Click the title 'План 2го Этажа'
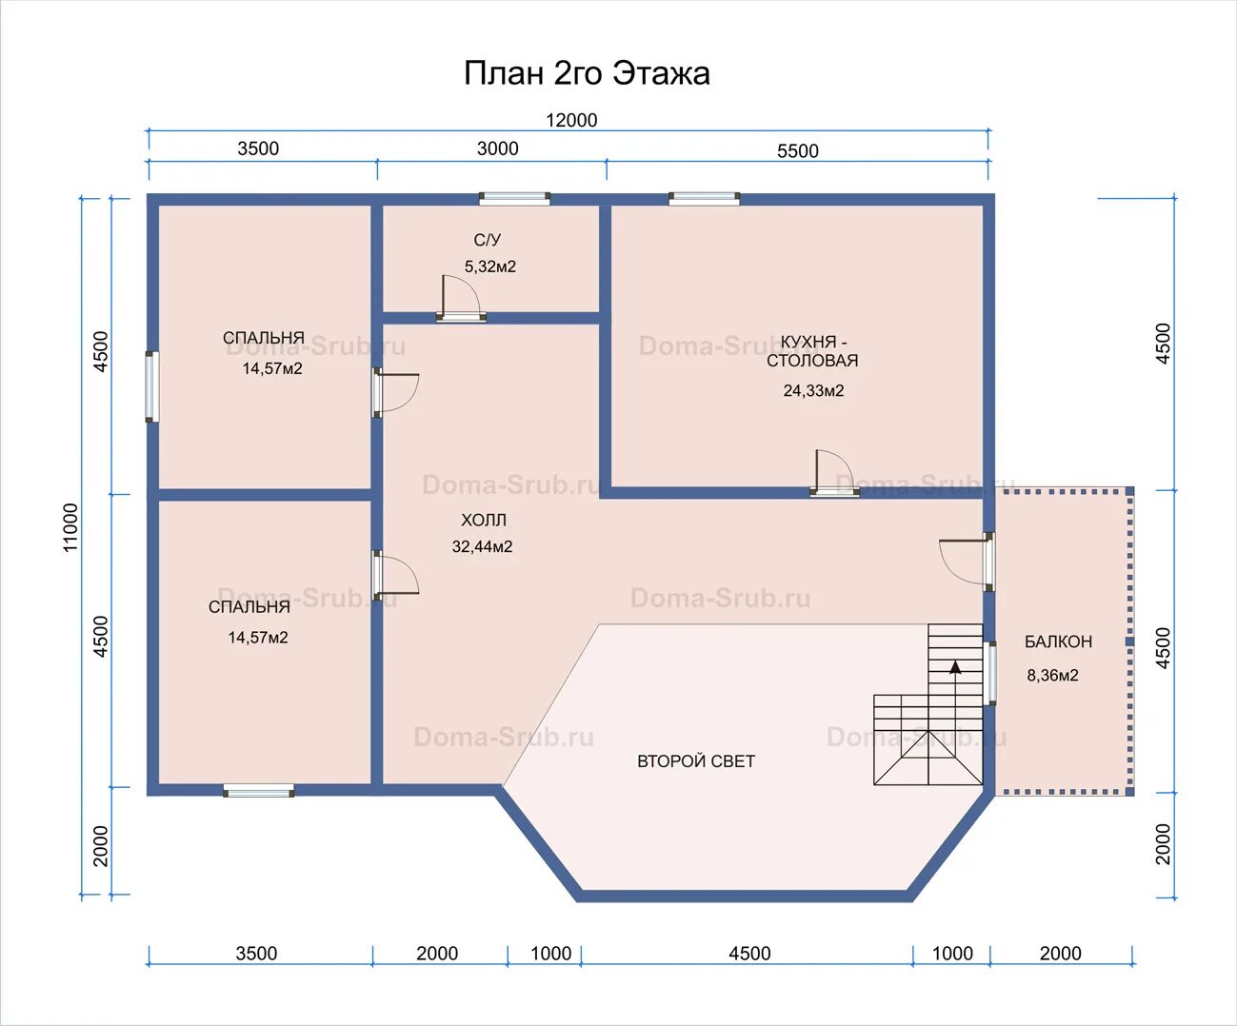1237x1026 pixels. coord(587,74)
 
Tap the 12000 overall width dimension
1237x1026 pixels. coord(571,120)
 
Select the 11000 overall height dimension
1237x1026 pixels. coord(70,527)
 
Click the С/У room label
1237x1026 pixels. coord(487,240)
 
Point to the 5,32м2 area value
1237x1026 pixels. coord(489,266)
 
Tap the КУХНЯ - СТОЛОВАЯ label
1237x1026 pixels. coord(813,351)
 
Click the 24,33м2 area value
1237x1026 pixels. coord(813,391)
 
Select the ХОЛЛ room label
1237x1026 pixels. coord(484,521)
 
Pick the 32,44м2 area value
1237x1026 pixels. coord(482,546)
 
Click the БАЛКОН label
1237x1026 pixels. coord(1058,641)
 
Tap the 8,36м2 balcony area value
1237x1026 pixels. coord(1053,676)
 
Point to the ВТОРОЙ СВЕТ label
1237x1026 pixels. coord(696,761)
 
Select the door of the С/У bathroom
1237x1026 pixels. coord(461,299)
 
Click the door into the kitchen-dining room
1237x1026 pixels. coord(834,473)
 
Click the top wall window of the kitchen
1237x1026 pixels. coord(705,199)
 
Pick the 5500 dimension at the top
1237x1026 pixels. coord(797,151)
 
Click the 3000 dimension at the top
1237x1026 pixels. coord(498,148)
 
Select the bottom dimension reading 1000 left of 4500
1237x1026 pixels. coord(551,953)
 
